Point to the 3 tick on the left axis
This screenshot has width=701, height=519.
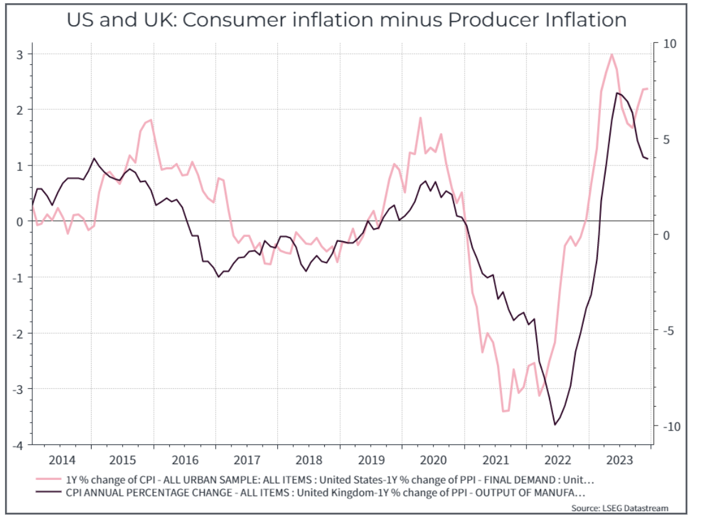[x=20, y=54]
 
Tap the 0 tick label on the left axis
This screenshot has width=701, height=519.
[x=20, y=222]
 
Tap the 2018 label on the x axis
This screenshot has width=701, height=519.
[x=308, y=459]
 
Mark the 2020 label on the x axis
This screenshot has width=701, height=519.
[x=433, y=459]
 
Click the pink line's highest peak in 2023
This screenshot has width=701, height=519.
[x=611, y=54]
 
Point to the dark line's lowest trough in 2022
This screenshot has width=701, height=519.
[x=555, y=424]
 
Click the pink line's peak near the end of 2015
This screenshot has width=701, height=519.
[x=150, y=120]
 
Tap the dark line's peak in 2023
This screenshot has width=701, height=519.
[x=617, y=93]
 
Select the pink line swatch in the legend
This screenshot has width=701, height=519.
[x=50, y=480]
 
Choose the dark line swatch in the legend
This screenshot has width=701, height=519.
[x=50, y=492]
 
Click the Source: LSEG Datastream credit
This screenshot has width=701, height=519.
[x=619, y=508]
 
